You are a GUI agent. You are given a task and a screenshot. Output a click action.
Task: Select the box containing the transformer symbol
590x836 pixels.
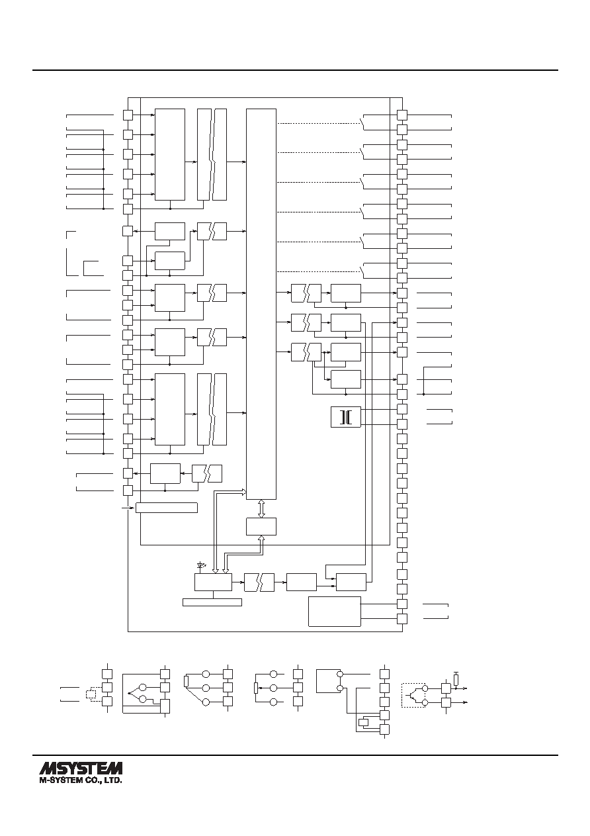pos(346,417)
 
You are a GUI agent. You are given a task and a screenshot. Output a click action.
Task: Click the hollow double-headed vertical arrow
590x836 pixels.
pos(261,508)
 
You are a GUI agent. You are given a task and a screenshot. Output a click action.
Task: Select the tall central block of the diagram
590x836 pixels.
pos(261,304)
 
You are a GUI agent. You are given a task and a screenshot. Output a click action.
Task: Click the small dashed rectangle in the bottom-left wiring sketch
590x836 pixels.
pos(91,694)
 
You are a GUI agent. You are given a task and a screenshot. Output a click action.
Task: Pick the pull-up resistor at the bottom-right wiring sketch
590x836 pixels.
pos(456,680)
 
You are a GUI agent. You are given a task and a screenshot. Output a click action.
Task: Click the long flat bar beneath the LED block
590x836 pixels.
pos(212,602)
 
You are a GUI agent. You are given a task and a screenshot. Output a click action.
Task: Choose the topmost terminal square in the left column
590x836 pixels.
pos(128,115)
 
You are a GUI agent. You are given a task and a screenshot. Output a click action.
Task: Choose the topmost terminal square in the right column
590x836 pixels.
pos(402,115)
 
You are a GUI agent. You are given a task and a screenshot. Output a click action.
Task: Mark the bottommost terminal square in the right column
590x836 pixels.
pos(402,619)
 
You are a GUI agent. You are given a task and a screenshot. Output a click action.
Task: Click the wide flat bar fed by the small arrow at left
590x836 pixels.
pos(166,508)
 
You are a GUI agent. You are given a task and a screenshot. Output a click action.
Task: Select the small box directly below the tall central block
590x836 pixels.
pos(261,527)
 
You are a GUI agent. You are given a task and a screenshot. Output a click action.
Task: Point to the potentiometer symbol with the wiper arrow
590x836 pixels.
pos(256,688)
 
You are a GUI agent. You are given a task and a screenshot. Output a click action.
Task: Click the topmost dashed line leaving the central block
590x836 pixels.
pos(317,123)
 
